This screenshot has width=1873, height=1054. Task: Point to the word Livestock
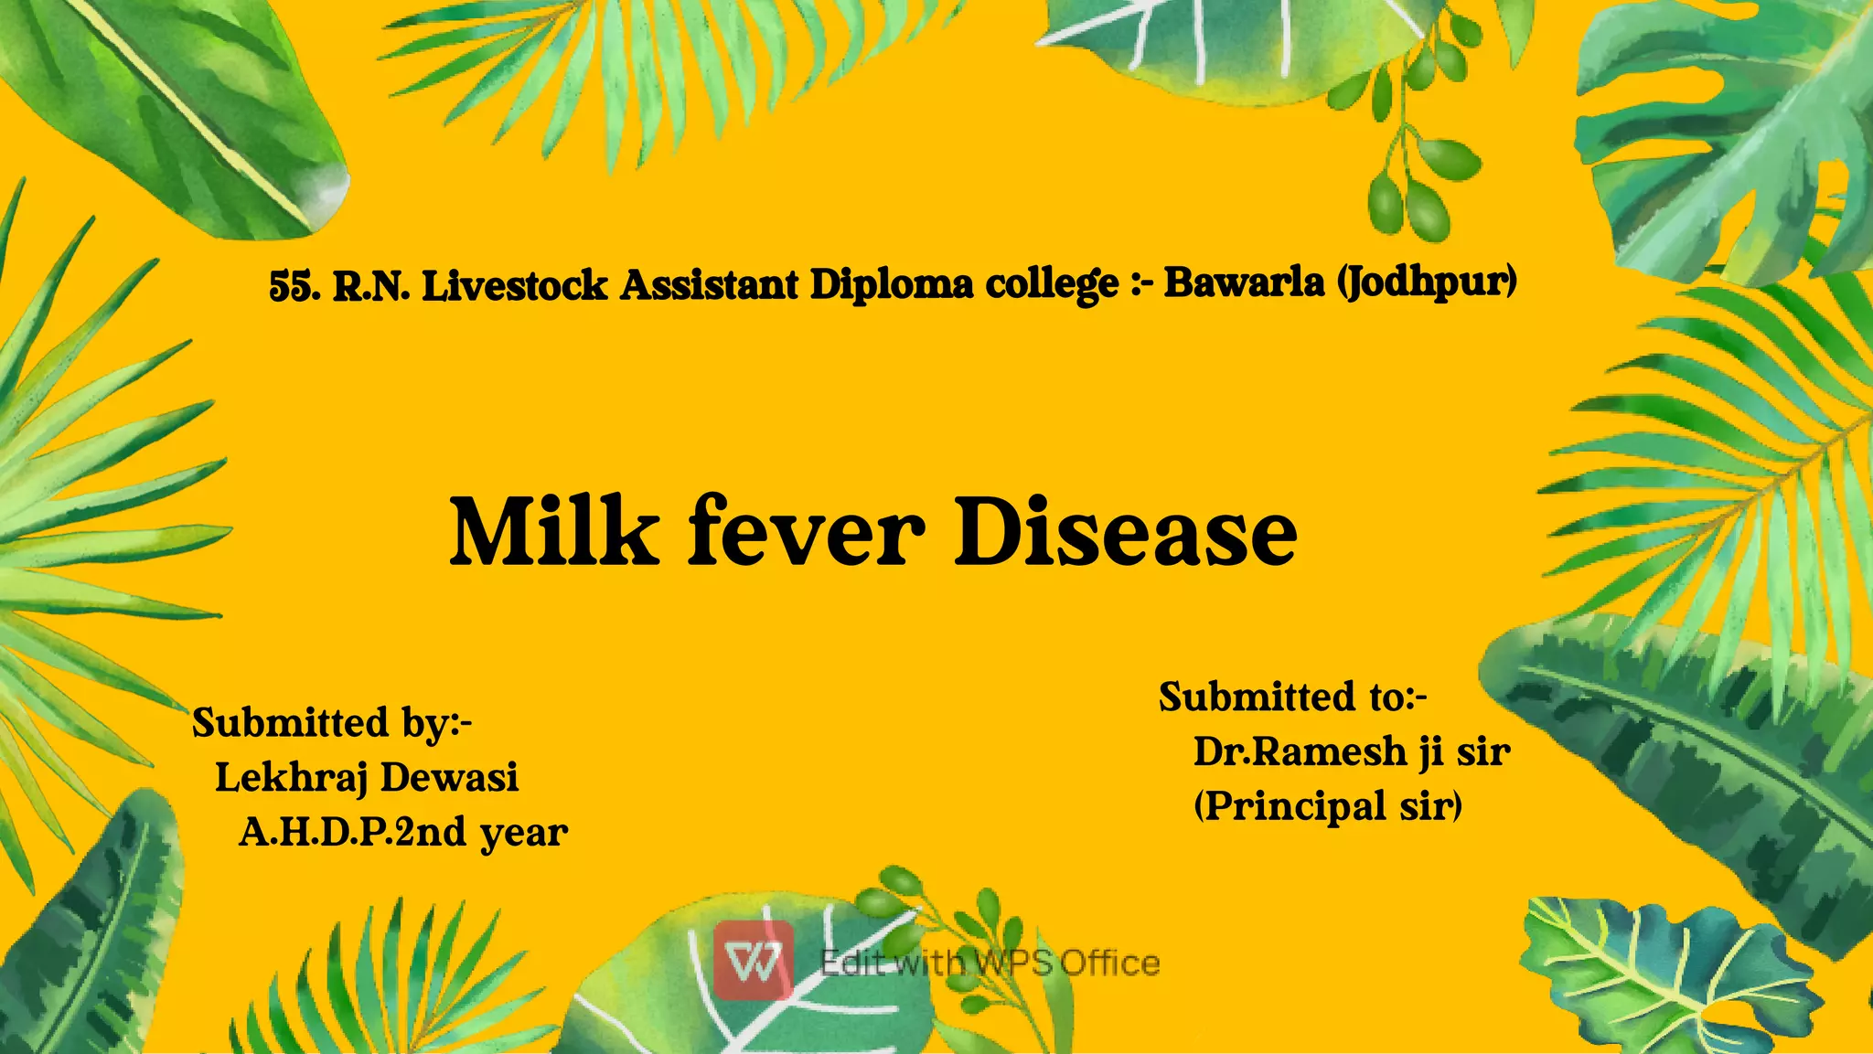click(x=515, y=286)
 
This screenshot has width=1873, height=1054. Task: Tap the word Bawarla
click(x=1244, y=282)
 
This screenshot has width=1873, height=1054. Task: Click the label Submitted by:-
click(x=332, y=723)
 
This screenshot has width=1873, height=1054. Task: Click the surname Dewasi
click(x=449, y=778)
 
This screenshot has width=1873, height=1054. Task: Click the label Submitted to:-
click(x=1292, y=697)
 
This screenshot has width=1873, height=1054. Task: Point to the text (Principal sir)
click(x=1328, y=806)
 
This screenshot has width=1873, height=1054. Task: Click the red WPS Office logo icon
click(x=754, y=961)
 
